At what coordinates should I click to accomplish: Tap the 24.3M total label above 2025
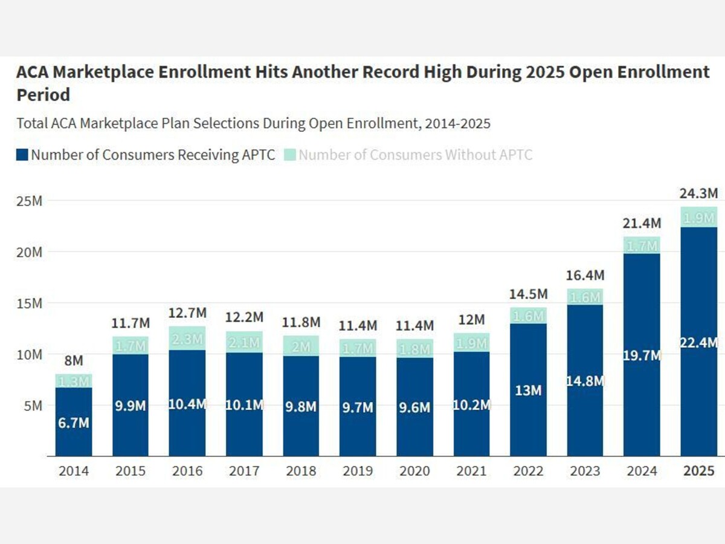pyautogui.click(x=699, y=194)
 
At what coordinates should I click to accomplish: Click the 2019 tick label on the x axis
pyautogui.click(x=357, y=471)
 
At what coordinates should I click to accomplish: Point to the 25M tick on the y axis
pyautogui.click(x=29, y=201)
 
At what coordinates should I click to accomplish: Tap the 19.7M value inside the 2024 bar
pyautogui.click(x=642, y=355)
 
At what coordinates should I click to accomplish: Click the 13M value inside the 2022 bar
pyautogui.click(x=528, y=390)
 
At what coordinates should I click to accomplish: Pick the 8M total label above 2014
pyautogui.click(x=74, y=361)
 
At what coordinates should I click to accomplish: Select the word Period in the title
pyautogui.click(x=43, y=95)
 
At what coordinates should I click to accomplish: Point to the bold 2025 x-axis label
pyautogui.click(x=699, y=471)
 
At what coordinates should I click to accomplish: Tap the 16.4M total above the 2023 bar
pyautogui.click(x=585, y=275)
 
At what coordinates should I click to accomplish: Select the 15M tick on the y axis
pyautogui.click(x=29, y=303)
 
